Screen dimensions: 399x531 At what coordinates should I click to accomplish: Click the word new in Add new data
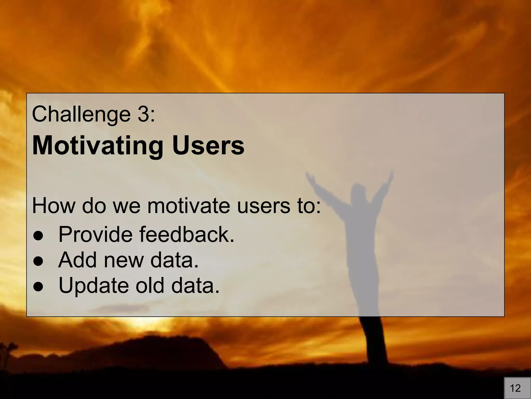pyautogui.click(x=123, y=261)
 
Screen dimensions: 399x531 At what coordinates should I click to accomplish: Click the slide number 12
pyautogui.click(x=515, y=388)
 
